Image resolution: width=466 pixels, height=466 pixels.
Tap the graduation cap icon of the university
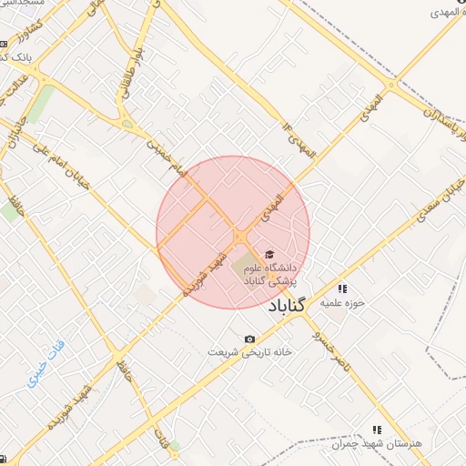point(268,255)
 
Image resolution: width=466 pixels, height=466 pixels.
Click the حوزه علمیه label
point(347,302)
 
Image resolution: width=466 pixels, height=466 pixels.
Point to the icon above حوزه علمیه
point(342,289)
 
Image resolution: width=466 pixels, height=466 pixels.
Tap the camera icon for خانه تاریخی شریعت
point(249,339)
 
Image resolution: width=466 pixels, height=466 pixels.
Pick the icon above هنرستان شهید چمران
point(377,430)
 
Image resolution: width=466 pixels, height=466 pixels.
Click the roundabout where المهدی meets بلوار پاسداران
point(391,86)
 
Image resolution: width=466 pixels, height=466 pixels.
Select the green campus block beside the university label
point(245,268)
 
